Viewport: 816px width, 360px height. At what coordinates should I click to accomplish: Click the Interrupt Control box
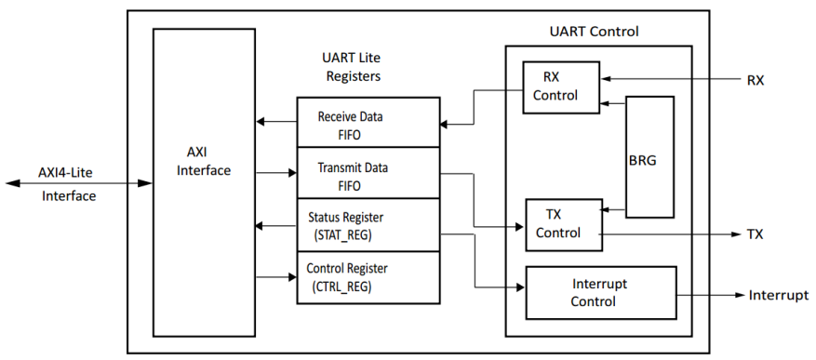click(601, 293)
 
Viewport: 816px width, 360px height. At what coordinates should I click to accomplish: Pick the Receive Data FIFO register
click(368, 125)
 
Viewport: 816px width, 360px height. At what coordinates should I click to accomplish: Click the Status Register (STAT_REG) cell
click(368, 225)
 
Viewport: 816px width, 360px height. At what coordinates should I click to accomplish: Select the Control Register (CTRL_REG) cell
click(368, 277)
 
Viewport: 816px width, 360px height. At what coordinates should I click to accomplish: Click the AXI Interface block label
click(203, 163)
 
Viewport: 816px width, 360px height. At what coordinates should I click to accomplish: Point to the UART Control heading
click(594, 32)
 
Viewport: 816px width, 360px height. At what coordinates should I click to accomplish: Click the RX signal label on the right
click(755, 80)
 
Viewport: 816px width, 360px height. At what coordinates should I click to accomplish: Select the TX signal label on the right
click(755, 233)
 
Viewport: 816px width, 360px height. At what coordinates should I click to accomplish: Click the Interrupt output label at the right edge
click(778, 295)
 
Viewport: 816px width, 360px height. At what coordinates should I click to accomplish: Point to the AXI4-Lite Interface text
click(68, 183)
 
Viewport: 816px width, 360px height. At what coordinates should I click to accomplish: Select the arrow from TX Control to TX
click(670, 233)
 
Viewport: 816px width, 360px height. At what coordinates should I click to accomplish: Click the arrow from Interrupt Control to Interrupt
click(712, 295)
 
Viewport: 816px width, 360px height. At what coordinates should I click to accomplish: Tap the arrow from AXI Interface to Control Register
click(276, 276)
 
